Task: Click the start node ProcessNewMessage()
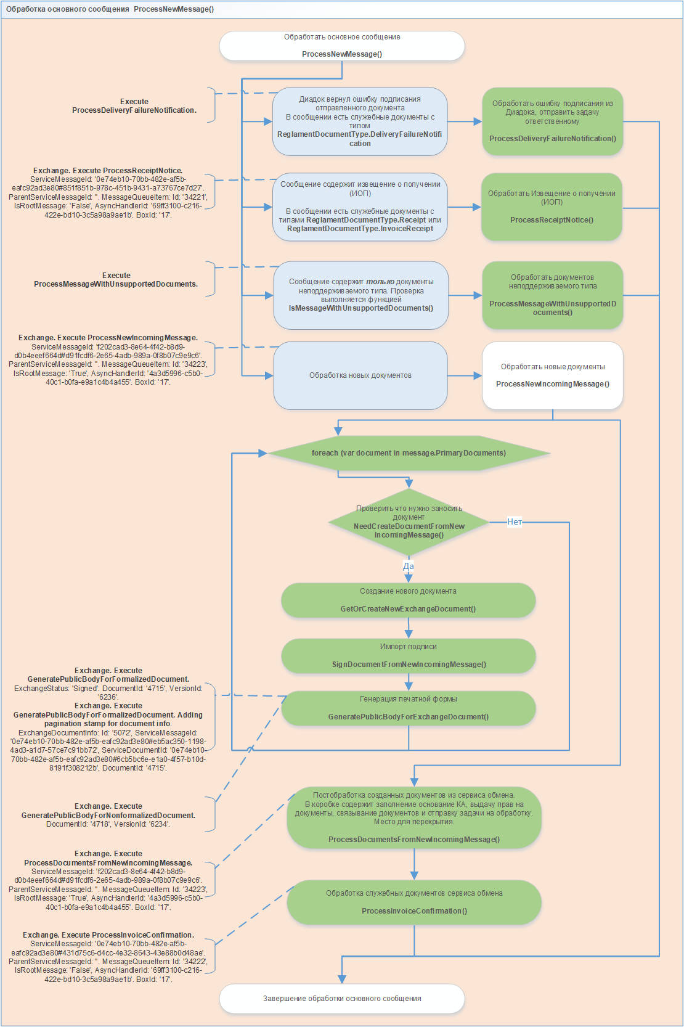[x=341, y=46]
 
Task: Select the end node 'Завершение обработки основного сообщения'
[x=341, y=998]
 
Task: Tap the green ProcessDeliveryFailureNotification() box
[x=552, y=121]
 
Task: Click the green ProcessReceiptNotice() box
[x=552, y=207]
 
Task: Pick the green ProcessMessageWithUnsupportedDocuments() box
[x=552, y=295]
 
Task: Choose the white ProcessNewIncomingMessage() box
[x=552, y=375]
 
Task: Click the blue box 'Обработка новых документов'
[x=360, y=375]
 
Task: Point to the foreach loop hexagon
[x=409, y=453]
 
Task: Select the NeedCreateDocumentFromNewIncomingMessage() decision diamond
[x=409, y=522]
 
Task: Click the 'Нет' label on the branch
[x=515, y=522]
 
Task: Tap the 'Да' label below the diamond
[x=409, y=566]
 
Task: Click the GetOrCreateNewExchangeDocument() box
[x=408, y=600]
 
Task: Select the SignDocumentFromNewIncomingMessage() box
[x=408, y=656]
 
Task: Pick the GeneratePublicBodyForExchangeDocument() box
[x=408, y=708]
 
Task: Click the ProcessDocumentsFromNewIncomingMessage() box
[x=413, y=817]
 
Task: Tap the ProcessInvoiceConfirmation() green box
[x=413, y=902]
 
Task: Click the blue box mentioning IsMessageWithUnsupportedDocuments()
[x=360, y=295]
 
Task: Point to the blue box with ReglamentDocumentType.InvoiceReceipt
[x=360, y=207]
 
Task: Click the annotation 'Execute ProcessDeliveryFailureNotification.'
[x=134, y=106]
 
